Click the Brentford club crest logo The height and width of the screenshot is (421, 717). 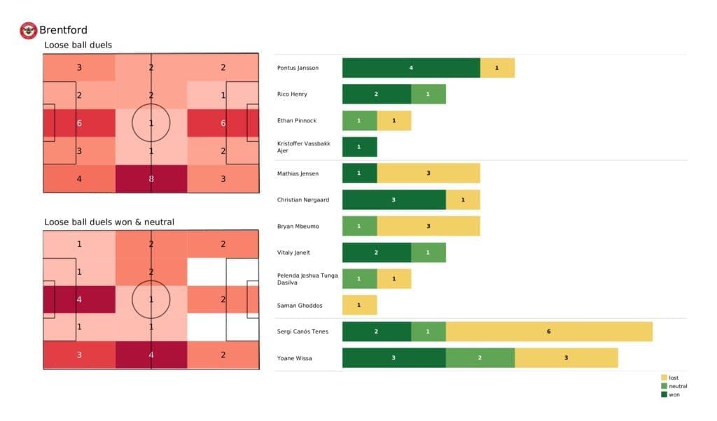28,30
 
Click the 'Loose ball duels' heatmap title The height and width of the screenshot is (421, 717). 78,45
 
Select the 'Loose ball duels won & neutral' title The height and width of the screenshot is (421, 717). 109,222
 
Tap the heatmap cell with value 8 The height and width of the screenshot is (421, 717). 151,178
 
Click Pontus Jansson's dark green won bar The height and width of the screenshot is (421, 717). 411,68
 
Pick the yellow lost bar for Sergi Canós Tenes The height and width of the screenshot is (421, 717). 548,331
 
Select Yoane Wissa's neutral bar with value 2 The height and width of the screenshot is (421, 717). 480,357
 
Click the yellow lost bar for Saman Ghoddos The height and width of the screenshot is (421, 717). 359,305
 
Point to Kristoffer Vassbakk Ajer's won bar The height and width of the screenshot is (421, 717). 359,147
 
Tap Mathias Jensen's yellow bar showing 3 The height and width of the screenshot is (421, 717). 428,173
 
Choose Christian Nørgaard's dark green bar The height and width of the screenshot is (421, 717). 394,200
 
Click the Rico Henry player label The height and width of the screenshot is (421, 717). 292,94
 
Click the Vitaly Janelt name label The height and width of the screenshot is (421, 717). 293,252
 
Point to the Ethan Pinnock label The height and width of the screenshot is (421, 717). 296,120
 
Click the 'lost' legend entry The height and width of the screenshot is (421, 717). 673,378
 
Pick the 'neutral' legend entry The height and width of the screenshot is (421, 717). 677,386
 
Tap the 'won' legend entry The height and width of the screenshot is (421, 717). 674,394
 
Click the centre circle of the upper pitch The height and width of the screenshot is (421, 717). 151,123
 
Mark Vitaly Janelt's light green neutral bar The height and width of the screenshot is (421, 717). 428,252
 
